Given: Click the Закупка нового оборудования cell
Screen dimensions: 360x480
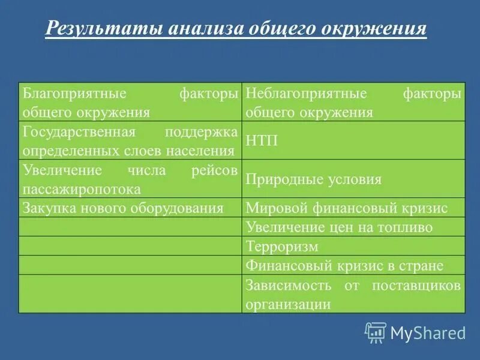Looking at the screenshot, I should (x=123, y=208).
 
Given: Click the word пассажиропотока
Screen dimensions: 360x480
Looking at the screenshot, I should (x=82, y=189).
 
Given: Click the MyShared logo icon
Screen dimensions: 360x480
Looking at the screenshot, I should (x=376, y=332).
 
